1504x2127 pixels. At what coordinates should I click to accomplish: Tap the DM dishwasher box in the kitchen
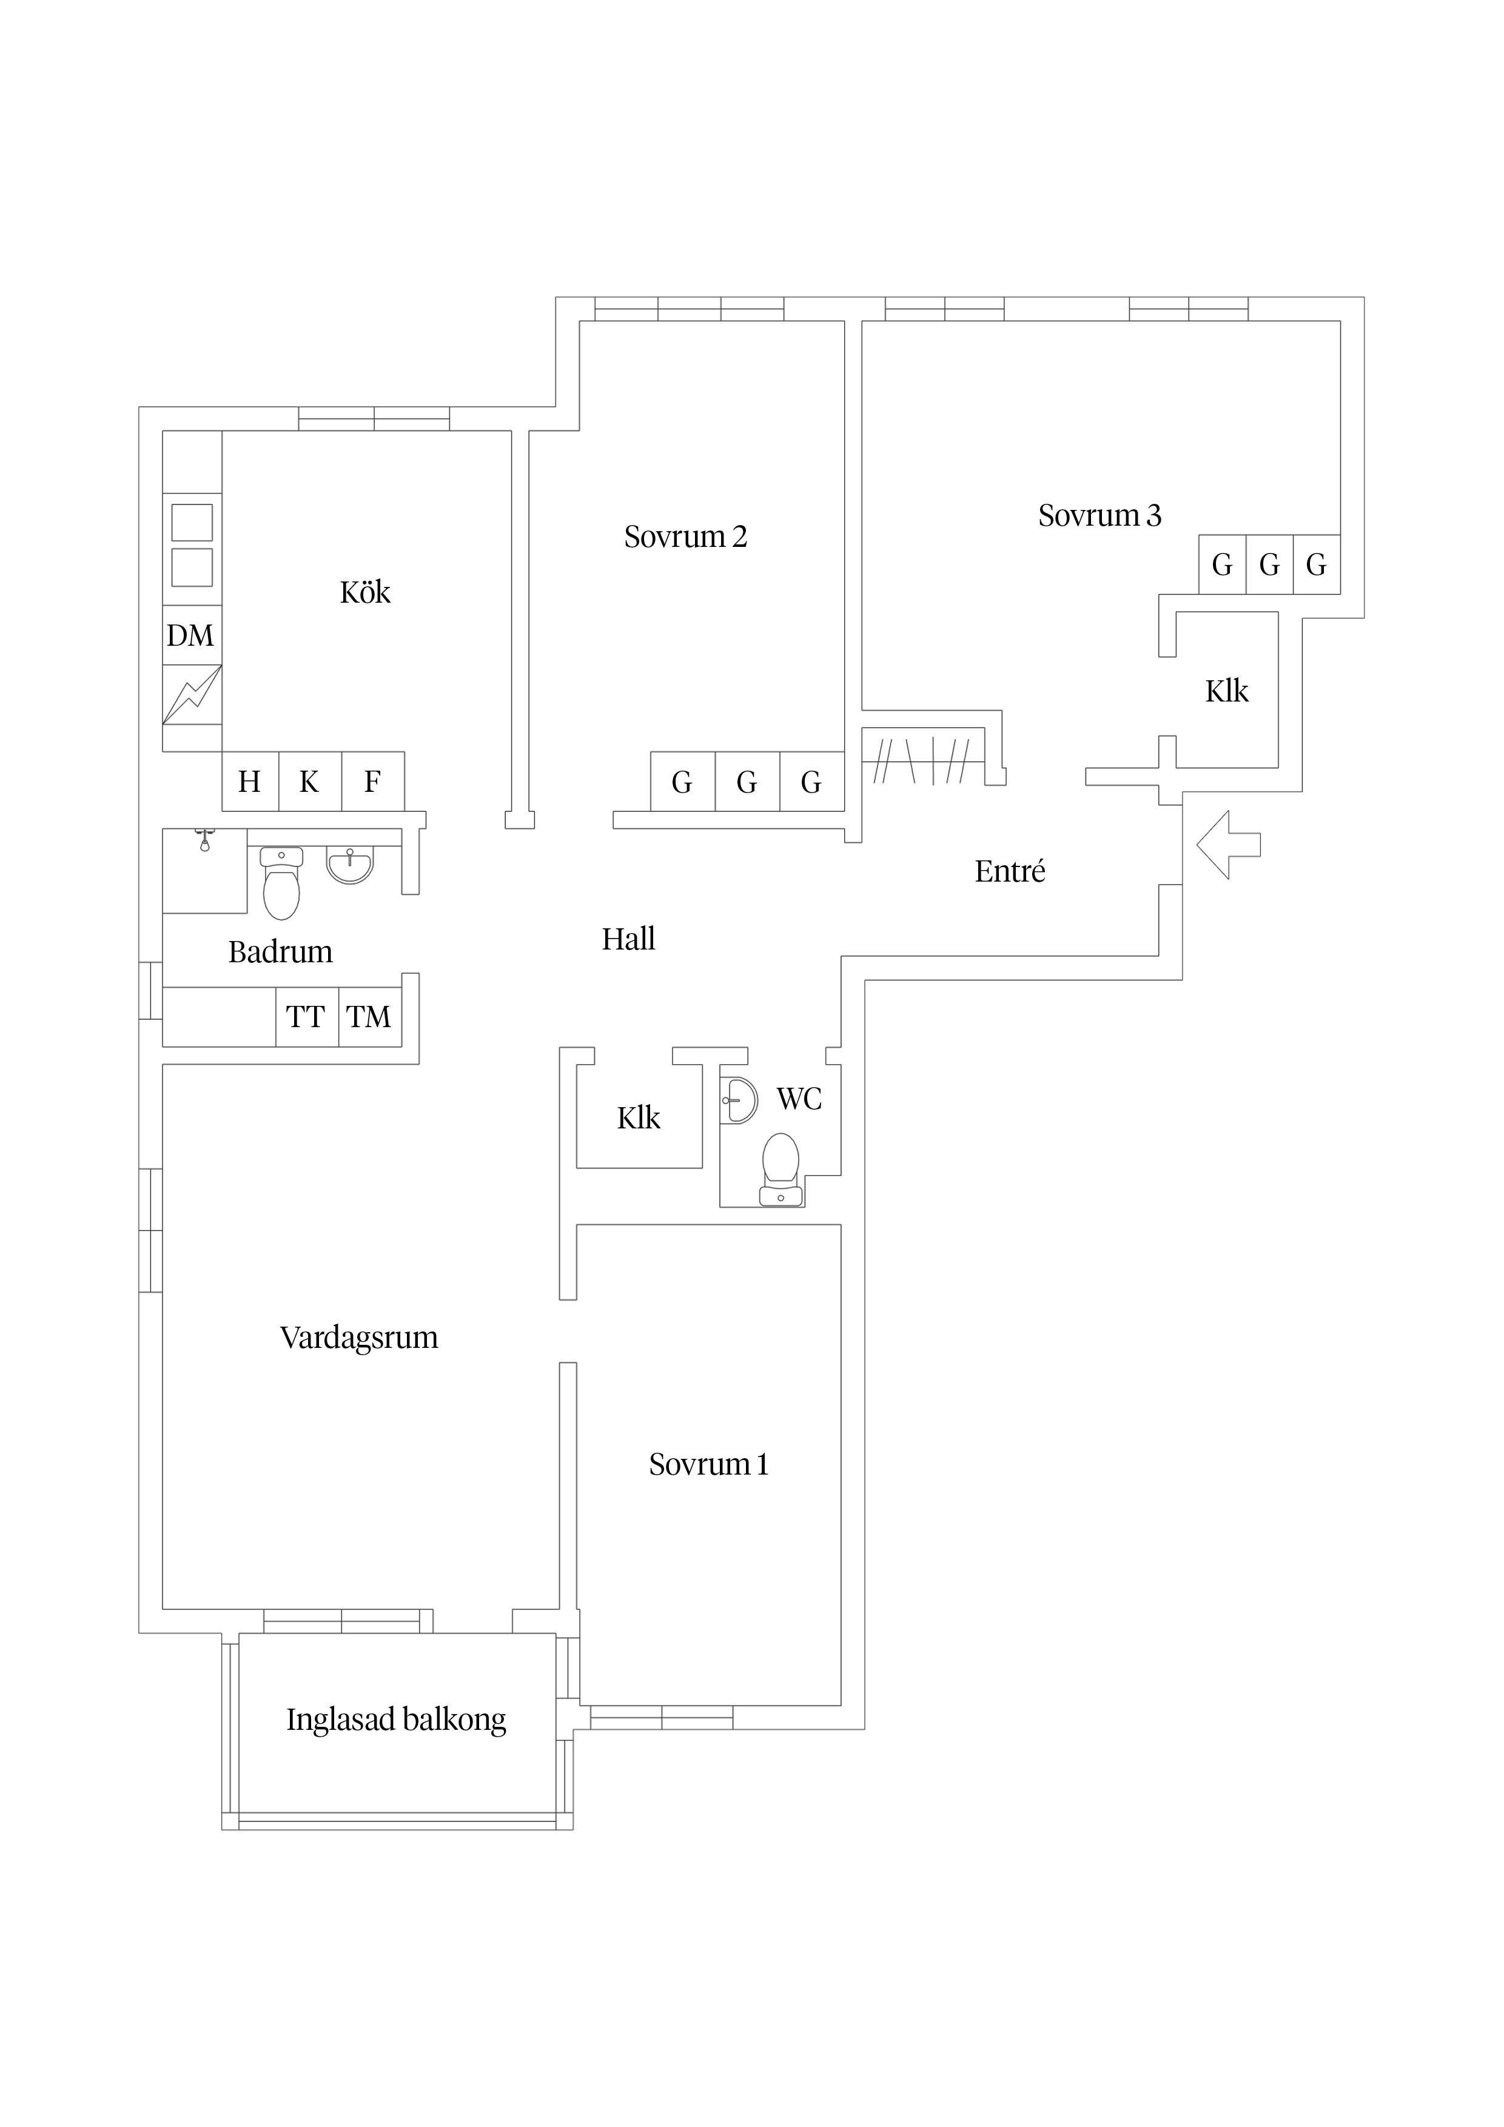[191, 635]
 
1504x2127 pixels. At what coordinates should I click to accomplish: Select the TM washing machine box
[369, 1017]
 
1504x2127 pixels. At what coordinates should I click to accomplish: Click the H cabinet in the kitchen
[249, 782]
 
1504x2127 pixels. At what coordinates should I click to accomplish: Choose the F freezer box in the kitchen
[372, 782]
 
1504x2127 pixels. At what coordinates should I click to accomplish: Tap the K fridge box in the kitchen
[309, 782]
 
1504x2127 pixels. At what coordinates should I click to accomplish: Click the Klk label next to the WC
[639, 1118]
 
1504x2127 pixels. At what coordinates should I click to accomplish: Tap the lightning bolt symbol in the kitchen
[192, 695]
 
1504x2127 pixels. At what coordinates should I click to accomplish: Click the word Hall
[628, 939]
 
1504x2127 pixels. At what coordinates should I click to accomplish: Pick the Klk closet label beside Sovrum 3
[1226, 691]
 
